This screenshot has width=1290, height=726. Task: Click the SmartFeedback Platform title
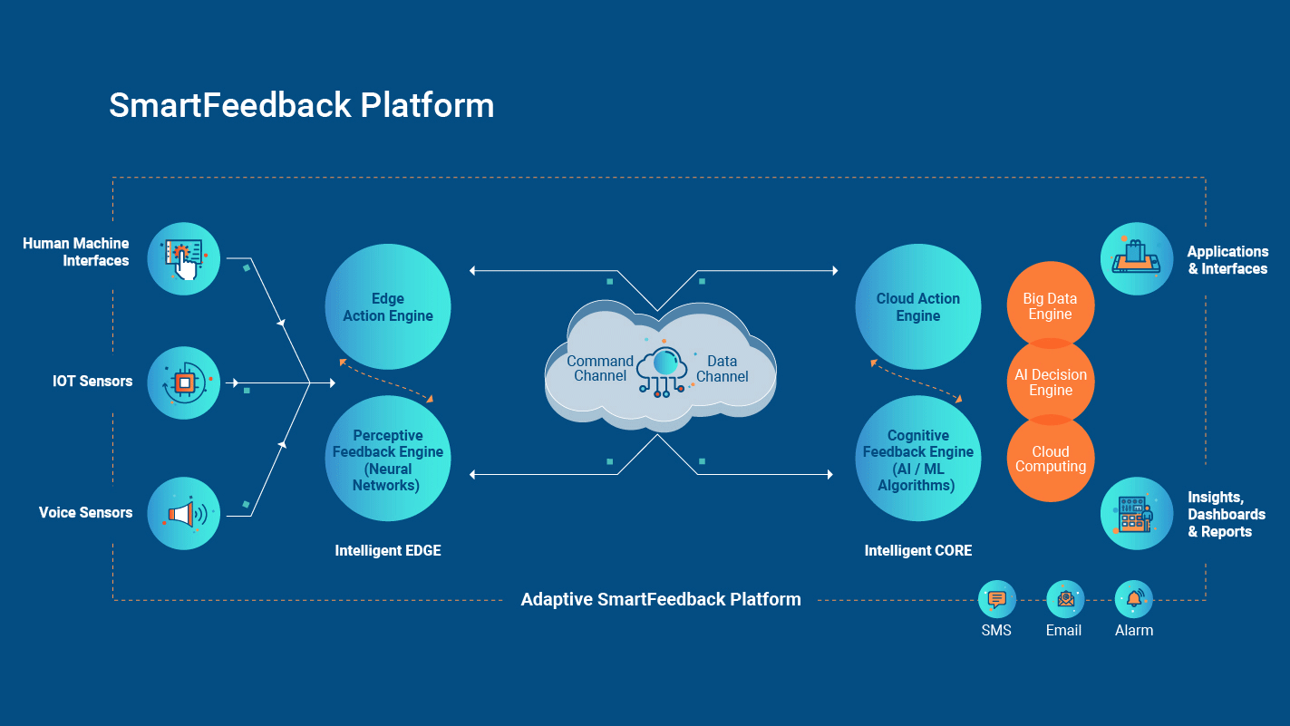(x=301, y=105)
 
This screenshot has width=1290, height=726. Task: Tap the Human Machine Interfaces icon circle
(x=184, y=258)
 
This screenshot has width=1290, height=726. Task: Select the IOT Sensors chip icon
(x=184, y=382)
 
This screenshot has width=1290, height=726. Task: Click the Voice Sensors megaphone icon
(x=184, y=514)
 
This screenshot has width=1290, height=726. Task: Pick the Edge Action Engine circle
(x=388, y=306)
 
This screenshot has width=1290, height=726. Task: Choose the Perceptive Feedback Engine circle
(x=388, y=459)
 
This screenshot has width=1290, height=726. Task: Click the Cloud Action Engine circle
(x=918, y=306)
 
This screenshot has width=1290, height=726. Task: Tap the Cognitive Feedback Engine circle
(x=918, y=459)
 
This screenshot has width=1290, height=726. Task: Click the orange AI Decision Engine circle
(x=1051, y=382)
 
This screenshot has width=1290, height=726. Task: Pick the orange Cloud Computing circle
(x=1051, y=459)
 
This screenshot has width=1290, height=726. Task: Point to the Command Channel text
(x=600, y=369)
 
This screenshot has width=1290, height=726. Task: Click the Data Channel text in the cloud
(x=723, y=369)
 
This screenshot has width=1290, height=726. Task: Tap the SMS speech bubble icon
(x=997, y=599)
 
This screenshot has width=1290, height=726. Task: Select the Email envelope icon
(x=1065, y=599)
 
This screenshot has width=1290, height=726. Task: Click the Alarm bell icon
(x=1134, y=599)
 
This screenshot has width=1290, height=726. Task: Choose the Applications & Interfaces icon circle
(x=1137, y=258)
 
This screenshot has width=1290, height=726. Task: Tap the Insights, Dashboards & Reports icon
(x=1137, y=514)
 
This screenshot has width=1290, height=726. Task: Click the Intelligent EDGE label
(x=388, y=551)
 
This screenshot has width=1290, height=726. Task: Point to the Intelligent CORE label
(x=918, y=551)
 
